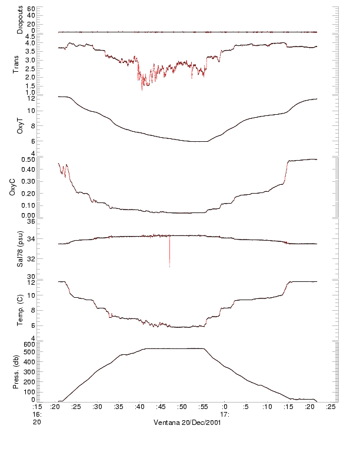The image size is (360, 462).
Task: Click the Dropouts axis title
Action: pyautogui.click(x=20, y=19)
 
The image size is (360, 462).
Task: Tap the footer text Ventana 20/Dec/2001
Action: pyautogui.click(x=188, y=423)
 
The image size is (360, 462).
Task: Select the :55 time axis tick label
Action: pyautogui.click(x=204, y=406)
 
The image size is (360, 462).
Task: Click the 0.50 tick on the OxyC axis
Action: pyautogui.click(x=28, y=159)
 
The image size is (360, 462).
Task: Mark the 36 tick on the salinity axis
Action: pyautogui.click(x=32, y=222)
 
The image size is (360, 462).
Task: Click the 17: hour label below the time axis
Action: pyautogui.click(x=225, y=414)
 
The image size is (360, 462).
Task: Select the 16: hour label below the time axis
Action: pyautogui.click(x=37, y=414)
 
